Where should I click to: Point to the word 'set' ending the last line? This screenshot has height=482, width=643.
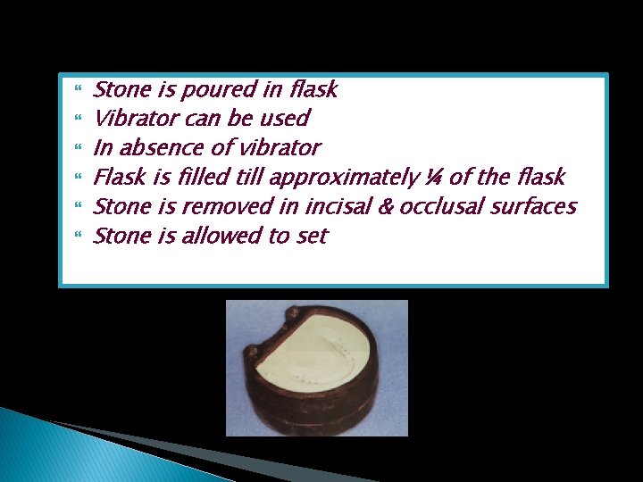tap(312, 237)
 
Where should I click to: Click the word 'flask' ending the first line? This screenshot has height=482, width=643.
tap(313, 89)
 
